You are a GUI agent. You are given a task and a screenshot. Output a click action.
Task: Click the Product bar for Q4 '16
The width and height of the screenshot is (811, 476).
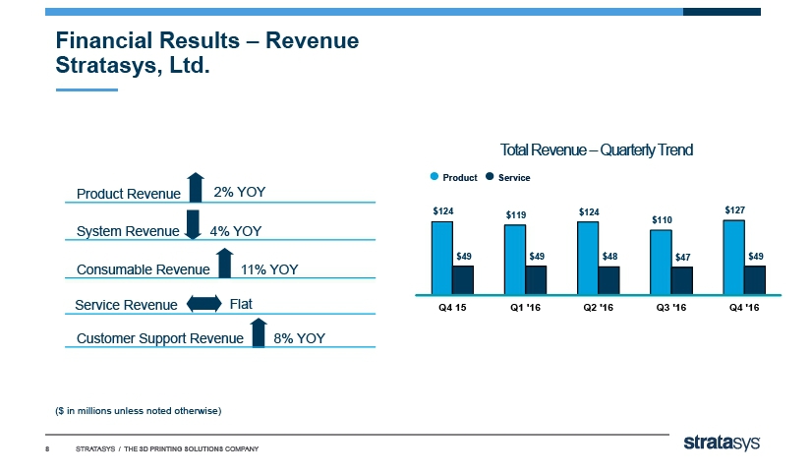[x=732, y=256]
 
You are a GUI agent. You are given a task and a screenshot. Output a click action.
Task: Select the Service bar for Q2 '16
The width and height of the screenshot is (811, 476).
[x=608, y=279]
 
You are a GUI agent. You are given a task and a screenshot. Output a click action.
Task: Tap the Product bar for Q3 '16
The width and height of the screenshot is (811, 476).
[x=660, y=261]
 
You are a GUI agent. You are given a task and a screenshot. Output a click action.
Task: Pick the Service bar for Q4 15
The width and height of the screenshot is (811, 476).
[x=463, y=279]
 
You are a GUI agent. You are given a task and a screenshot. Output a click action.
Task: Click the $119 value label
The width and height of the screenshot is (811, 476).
[x=516, y=214]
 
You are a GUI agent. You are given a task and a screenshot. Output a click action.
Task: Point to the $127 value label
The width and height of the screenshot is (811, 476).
[x=734, y=209]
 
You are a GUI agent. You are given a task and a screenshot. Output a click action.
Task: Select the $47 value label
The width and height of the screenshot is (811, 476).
[x=682, y=258]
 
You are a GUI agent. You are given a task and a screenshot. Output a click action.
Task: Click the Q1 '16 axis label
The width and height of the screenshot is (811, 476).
[x=526, y=307]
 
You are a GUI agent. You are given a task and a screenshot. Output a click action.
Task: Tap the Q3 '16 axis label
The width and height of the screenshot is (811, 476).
[x=670, y=307]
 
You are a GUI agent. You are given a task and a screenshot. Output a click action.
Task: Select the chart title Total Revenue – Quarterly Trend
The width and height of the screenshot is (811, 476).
[x=597, y=150]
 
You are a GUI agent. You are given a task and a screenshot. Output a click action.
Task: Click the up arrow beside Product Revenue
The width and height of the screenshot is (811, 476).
[x=195, y=187]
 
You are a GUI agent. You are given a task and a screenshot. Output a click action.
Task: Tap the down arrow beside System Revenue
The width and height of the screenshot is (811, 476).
[x=193, y=224]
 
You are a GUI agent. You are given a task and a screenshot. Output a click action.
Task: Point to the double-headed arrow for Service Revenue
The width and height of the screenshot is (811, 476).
[x=203, y=303]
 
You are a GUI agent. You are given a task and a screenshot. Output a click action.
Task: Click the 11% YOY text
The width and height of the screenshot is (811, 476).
[x=269, y=268]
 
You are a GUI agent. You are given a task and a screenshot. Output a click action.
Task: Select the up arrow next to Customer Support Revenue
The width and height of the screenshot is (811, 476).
[x=258, y=332]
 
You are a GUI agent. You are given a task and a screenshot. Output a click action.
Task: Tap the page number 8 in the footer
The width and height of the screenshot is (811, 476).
[x=48, y=449]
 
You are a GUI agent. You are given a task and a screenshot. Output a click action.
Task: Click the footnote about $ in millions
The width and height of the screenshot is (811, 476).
[x=138, y=410]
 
